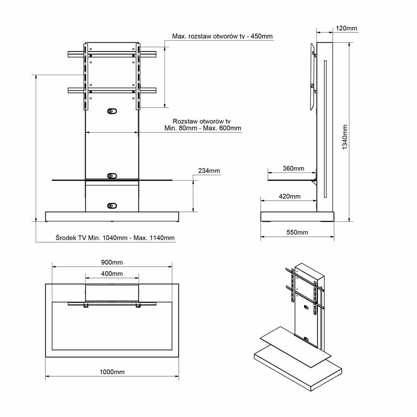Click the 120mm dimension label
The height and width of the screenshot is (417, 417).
346,28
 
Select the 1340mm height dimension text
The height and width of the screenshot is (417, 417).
345,137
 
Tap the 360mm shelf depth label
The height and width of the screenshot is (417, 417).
293,168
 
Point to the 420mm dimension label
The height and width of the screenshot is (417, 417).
290,196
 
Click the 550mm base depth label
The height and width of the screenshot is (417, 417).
297,232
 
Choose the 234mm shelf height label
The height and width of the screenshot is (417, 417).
209,171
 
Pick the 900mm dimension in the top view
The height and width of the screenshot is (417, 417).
112,262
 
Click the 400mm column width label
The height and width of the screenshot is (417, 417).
112,273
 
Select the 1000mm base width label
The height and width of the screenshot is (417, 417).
112,372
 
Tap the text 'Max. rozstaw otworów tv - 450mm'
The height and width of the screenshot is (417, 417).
222,36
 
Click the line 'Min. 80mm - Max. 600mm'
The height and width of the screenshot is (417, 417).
202,128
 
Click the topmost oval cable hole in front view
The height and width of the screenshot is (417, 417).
112,111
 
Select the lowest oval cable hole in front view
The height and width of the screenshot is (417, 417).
112,206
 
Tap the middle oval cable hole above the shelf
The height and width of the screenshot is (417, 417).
112,176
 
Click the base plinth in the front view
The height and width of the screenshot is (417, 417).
112,217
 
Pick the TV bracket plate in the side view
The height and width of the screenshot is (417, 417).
313,76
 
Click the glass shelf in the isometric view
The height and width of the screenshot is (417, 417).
296,347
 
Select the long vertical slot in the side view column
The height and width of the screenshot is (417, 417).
325,129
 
